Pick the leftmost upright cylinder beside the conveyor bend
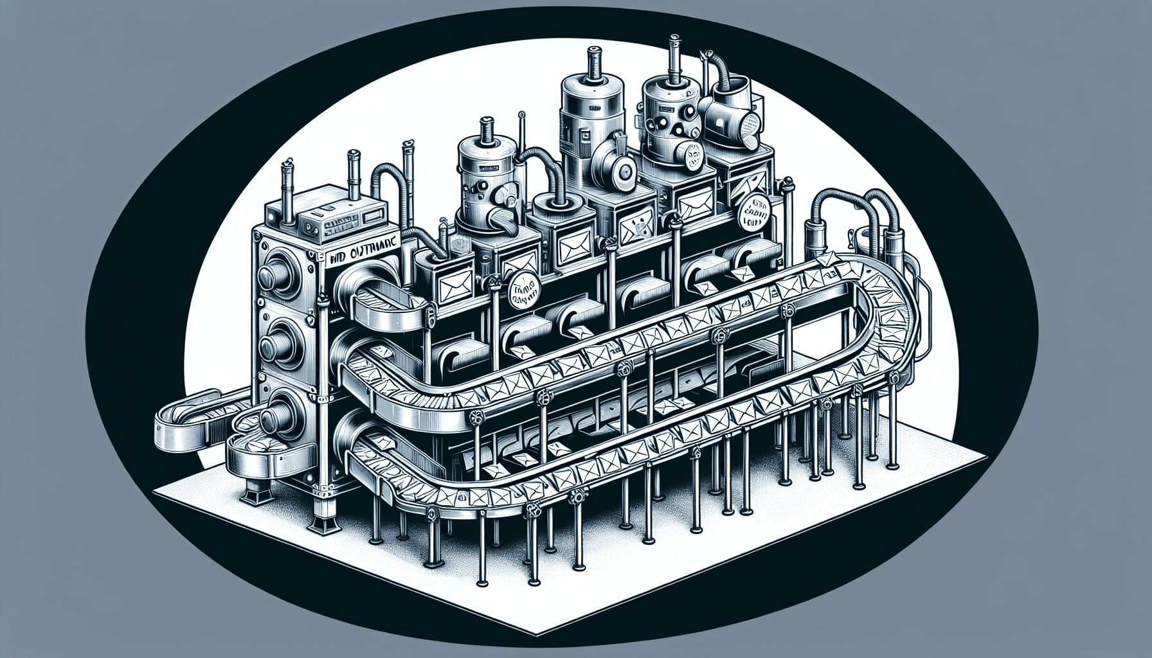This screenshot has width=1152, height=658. click(x=820, y=241)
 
